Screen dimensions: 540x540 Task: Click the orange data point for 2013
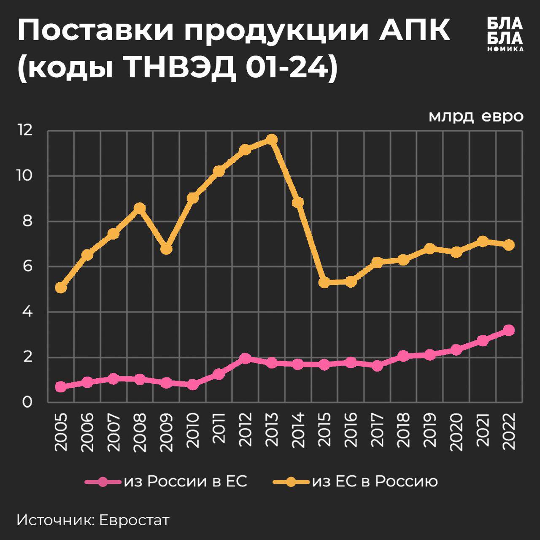[x=272, y=139]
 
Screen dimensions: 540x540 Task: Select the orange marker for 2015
[x=324, y=282]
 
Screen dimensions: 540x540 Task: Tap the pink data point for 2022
[x=509, y=330]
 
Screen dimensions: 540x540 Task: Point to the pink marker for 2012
[x=245, y=359]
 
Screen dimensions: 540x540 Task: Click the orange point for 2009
[x=166, y=249]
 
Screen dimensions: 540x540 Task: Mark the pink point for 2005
[x=61, y=386]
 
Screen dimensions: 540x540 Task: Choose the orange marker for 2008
[x=140, y=208]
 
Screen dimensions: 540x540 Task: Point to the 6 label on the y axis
[x=27, y=267]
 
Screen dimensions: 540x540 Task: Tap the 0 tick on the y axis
[x=27, y=402]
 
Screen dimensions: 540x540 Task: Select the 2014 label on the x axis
[x=298, y=429]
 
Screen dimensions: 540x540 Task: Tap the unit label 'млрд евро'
[x=476, y=116]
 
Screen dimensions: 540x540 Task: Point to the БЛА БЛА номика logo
[x=505, y=34]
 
